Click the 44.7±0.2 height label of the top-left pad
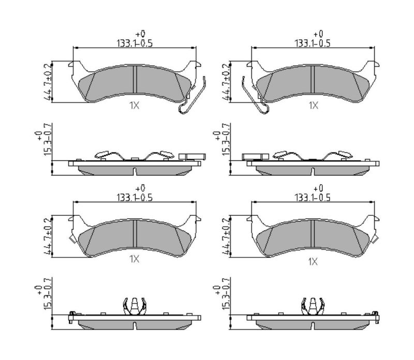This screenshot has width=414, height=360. pyautogui.click(x=48, y=82)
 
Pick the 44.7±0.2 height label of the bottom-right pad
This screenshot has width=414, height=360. pyautogui.click(x=227, y=236)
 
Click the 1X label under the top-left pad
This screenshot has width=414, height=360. pyautogui.click(x=134, y=106)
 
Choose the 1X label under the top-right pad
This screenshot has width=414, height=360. pyautogui.click(x=314, y=106)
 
